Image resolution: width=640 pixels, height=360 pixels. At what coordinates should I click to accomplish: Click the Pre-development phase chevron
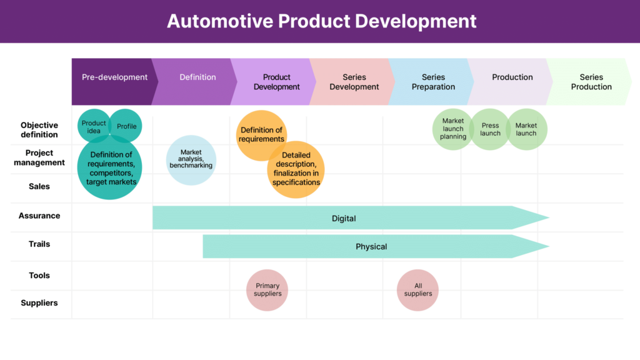(114, 82)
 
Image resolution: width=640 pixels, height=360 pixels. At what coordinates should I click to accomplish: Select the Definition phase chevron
(195, 82)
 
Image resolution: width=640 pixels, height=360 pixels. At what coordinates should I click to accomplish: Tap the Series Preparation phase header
(432, 82)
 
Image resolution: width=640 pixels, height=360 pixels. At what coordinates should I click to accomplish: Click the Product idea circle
(94, 126)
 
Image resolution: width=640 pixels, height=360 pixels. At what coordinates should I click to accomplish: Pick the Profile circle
(126, 126)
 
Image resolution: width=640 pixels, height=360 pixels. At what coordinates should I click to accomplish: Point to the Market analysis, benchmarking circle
(191, 160)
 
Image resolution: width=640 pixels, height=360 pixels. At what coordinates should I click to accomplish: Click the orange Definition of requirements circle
(261, 135)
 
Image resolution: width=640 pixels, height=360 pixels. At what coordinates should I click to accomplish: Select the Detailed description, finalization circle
(296, 169)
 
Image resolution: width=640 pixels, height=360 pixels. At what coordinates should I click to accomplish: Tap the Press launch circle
(490, 129)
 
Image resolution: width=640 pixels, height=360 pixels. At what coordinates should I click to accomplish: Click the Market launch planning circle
(453, 129)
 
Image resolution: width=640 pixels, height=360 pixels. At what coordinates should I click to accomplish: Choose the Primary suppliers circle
(267, 290)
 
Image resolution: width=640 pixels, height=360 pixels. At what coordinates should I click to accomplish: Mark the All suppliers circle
(417, 290)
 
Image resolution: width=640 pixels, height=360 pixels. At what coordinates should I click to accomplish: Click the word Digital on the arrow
(344, 218)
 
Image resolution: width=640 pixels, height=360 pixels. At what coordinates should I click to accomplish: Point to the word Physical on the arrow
(371, 246)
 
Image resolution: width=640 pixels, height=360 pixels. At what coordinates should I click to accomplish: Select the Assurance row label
(39, 216)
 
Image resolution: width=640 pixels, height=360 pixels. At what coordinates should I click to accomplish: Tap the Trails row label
(39, 244)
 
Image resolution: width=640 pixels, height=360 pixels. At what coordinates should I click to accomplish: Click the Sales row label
(39, 186)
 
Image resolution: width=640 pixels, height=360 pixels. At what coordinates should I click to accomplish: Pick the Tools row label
(39, 276)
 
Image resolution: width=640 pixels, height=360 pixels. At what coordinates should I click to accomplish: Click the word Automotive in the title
(220, 21)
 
